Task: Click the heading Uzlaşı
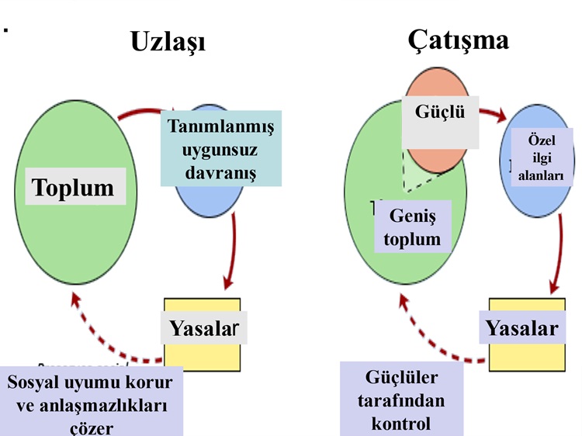(168, 42)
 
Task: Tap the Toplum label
(74, 187)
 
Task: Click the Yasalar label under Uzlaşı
(203, 327)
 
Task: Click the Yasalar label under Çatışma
(521, 327)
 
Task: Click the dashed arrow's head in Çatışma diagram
(402, 301)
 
